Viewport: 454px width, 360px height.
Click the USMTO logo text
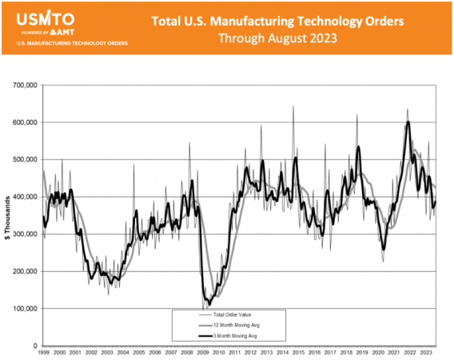46,17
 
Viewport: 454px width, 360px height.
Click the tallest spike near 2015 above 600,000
293,106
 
